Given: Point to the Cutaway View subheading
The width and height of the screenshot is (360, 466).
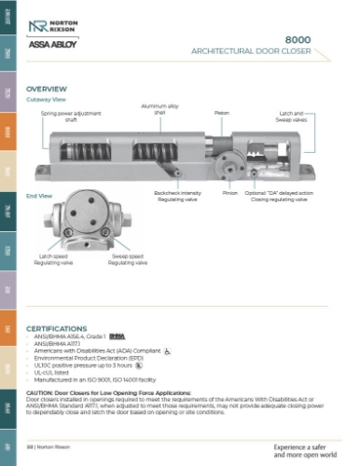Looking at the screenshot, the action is point(46,98).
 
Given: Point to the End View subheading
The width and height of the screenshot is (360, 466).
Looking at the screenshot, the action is point(39,196).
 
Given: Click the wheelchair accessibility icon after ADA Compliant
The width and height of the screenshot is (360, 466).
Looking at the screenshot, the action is point(167,354).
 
